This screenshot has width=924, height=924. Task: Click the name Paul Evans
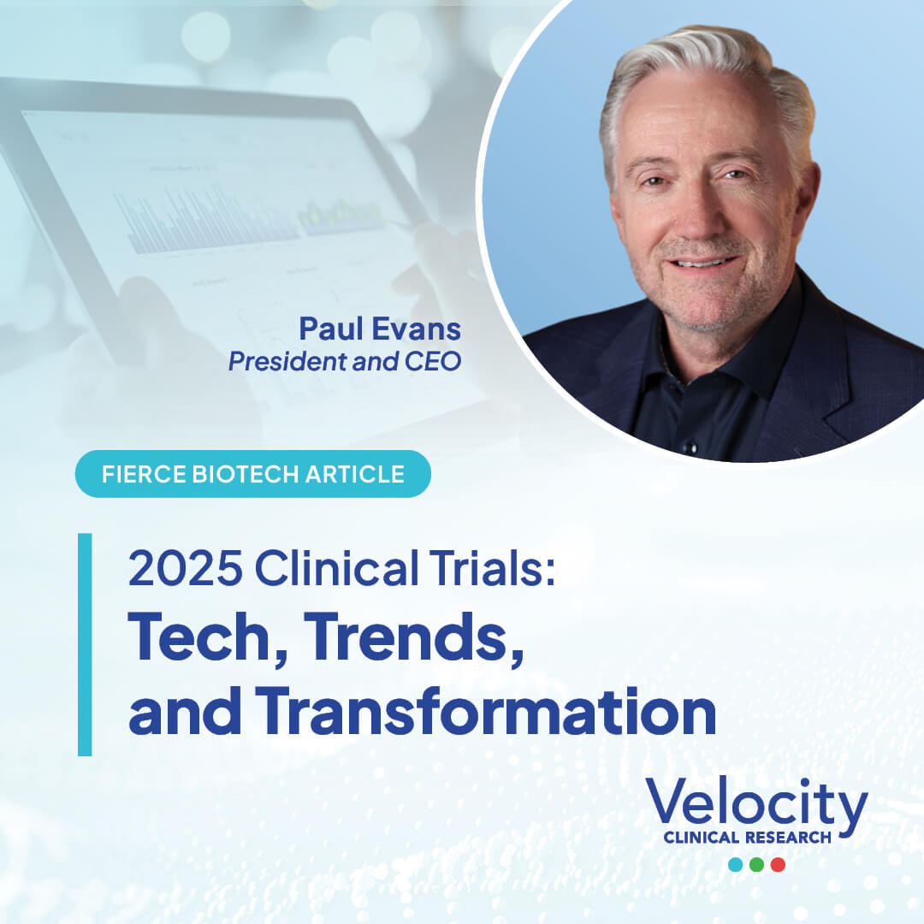tap(380, 329)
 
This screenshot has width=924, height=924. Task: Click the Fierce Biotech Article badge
tap(252, 474)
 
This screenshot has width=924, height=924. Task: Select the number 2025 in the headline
tap(185, 568)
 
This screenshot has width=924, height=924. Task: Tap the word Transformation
tap(485, 711)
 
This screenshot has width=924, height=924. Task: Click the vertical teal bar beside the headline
tap(85, 645)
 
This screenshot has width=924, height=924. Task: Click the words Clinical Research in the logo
tap(747, 838)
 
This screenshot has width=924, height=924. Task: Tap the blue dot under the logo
tap(736, 864)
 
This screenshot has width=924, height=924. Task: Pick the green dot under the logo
tap(756, 864)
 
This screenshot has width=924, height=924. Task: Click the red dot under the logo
tap(778, 864)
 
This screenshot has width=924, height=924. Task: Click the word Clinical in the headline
tap(336, 567)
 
